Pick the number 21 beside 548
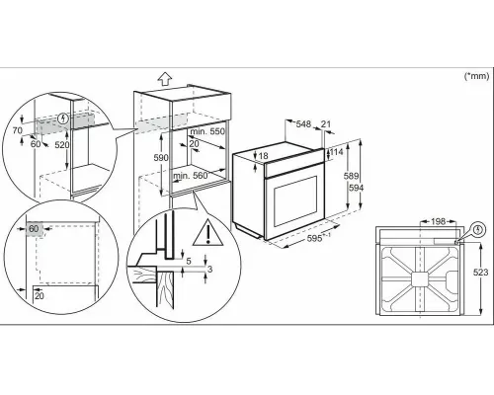(327, 123)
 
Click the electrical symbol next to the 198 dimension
(478, 229)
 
